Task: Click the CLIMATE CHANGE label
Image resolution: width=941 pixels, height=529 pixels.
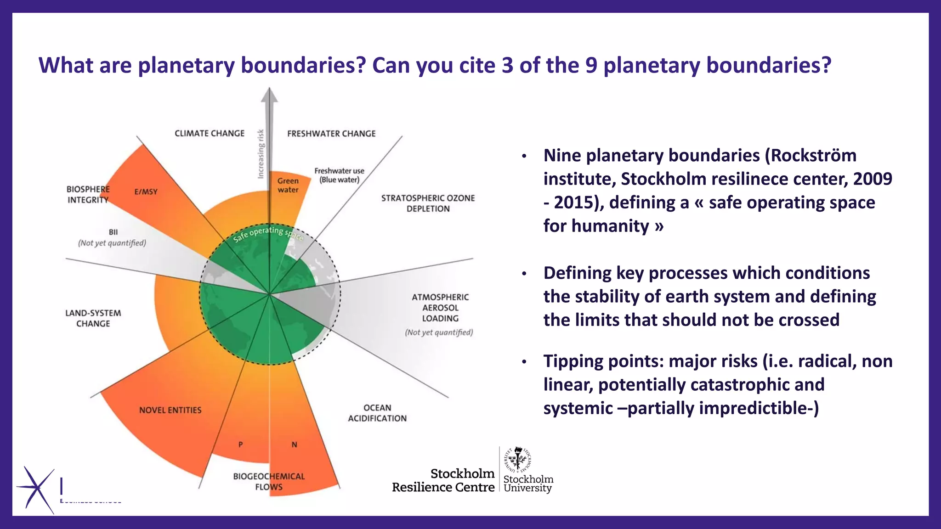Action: tap(210, 134)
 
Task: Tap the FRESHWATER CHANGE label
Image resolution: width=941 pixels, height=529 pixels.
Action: tap(331, 134)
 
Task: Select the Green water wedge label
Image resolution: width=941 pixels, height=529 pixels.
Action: tap(288, 185)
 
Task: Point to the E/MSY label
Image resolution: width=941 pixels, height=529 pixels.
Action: tap(146, 191)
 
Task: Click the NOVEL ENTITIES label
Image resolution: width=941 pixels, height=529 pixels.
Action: tap(170, 410)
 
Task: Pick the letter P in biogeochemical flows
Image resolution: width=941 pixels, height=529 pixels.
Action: tap(240, 445)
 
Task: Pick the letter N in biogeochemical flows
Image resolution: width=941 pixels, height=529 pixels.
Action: tap(295, 445)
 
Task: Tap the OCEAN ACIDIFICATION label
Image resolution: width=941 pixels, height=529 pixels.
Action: tap(377, 413)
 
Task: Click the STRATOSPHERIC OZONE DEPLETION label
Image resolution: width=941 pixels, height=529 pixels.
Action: tap(428, 203)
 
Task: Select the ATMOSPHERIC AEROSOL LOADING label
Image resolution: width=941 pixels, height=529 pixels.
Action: tap(440, 308)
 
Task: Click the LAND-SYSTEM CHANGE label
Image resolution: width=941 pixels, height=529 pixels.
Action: tap(93, 318)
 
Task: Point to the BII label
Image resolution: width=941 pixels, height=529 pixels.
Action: tap(113, 232)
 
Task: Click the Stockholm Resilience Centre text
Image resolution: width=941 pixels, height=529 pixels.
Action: tap(443, 480)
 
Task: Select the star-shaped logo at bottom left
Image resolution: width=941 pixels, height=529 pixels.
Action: tap(35, 490)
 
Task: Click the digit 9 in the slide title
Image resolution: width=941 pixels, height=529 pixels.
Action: tap(591, 65)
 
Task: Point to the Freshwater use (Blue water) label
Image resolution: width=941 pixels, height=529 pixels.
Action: tap(339, 175)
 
